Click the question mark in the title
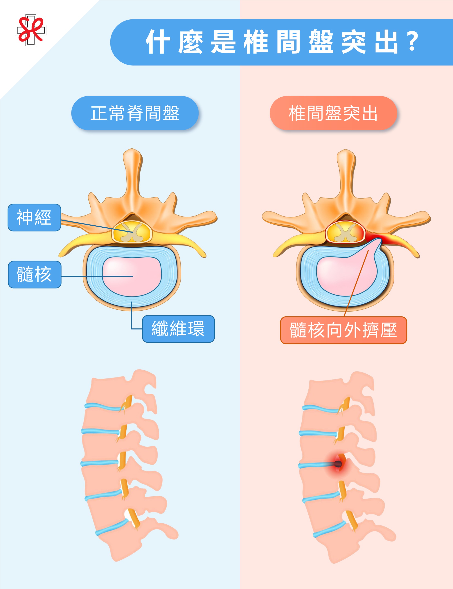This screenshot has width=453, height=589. pyautogui.click(x=412, y=42)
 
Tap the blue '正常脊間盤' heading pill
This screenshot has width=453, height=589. pyautogui.click(x=135, y=113)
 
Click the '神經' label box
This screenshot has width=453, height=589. pyautogui.click(x=34, y=217)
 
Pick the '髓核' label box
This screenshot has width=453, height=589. pyautogui.click(x=35, y=274)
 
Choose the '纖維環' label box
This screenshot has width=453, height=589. pyautogui.click(x=178, y=329)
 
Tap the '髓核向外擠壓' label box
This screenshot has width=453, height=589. pyautogui.click(x=343, y=330)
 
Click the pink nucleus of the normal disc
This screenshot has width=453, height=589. pyautogui.click(x=132, y=277)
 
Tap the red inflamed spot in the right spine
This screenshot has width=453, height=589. pyautogui.click(x=338, y=464)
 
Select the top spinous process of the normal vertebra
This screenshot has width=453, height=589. pyautogui.click(x=132, y=162)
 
